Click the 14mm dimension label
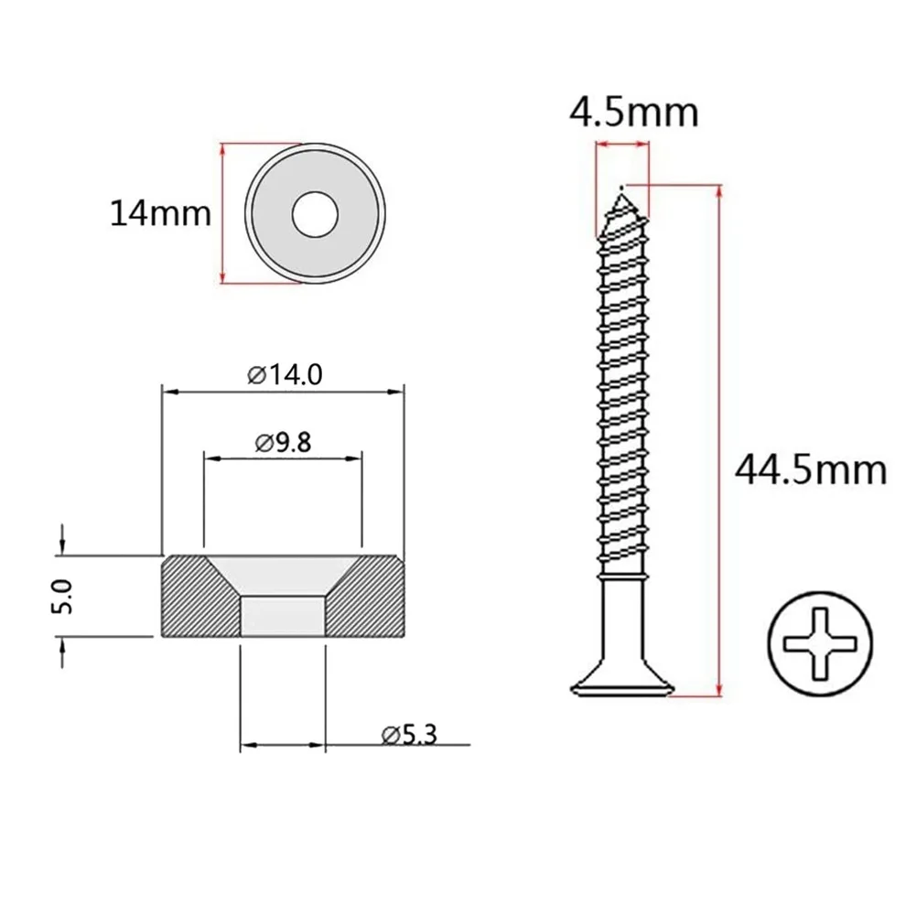161,213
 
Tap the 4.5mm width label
634,113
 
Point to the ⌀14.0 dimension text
285,374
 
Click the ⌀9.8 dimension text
284,443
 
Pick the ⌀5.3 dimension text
409,735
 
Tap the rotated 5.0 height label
62,597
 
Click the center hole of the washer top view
316,214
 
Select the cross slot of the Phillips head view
820,644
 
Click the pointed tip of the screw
621,189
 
